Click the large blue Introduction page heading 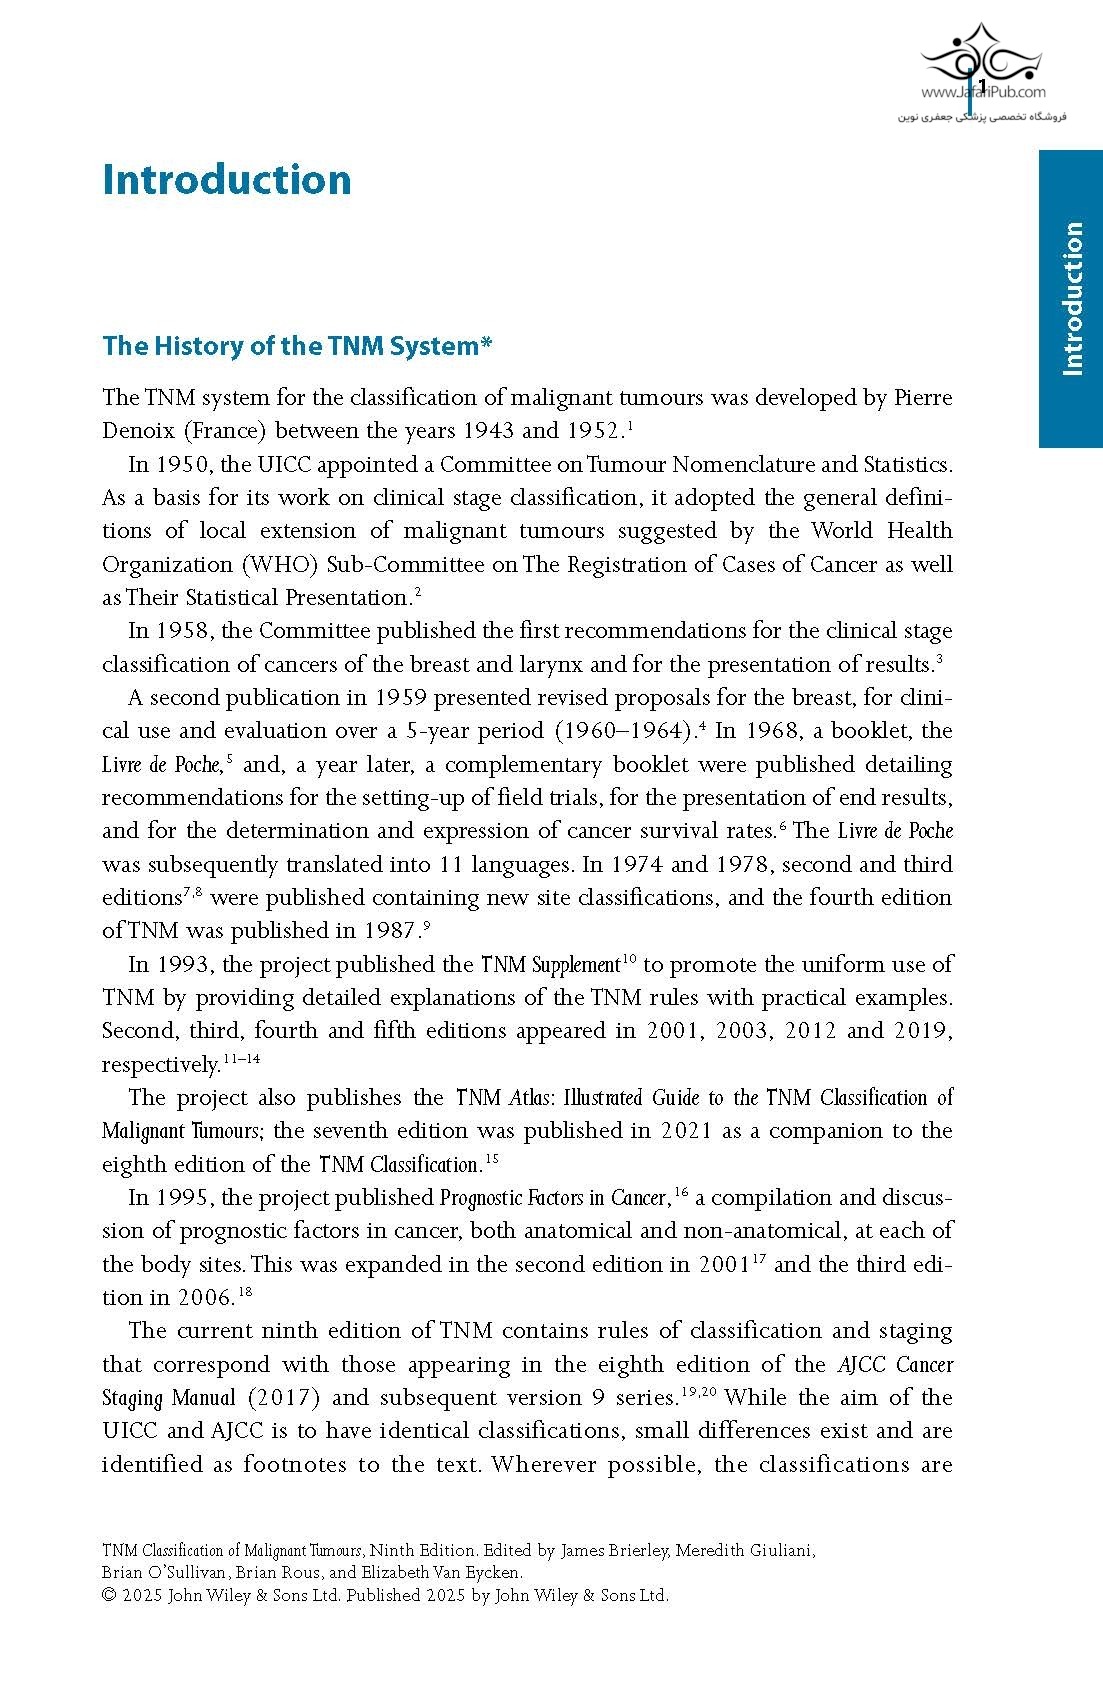[227, 180]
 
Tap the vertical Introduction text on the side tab [1071, 298]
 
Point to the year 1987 [387, 931]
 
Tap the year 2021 [686, 1131]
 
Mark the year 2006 [205, 1298]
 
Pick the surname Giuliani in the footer [779, 1551]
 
